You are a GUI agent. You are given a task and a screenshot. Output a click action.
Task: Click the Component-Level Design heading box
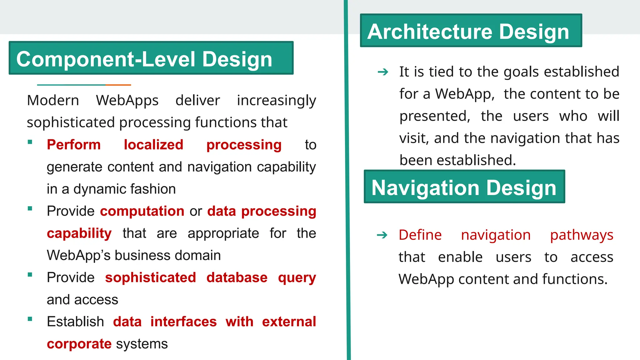pyautogui.click(x=151, y=58)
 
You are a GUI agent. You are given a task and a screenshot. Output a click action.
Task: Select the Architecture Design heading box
pyautogui.click(x=471, y=31)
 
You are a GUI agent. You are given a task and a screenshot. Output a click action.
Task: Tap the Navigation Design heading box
pyautogui.click(x=464, y=187)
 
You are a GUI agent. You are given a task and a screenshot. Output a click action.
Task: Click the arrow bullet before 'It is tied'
pyautogui.click(x=383, y=72)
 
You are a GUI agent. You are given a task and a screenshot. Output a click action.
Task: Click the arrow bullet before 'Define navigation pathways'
pyautogui.click(x=382, y=235)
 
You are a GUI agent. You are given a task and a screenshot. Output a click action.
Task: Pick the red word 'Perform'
pyautogui.click(x=74, y=145)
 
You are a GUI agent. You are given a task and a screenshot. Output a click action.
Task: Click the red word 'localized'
pyautogui.click(x=153, y=145)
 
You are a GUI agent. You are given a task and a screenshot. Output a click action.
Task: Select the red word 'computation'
pyautogui.click(x=142, y=211)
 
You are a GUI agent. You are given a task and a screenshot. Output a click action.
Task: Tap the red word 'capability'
pyautogui.click(x=79, y=233)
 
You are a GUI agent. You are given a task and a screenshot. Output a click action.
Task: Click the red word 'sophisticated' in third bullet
pyautogui.click(x=150, y=277)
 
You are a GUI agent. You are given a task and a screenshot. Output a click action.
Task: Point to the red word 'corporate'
pyautogui.click(x=79, y=344)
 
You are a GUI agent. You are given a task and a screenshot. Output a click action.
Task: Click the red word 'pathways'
pyautogui.click(x=582, y=235)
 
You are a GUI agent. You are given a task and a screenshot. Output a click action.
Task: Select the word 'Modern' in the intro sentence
pyautogui.click(x=53, y=101)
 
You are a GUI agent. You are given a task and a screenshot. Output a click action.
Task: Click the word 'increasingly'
pyautogui.click(x=276, y=101)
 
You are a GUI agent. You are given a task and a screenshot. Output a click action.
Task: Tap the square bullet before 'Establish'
pyautogui.click(x=30, y=319)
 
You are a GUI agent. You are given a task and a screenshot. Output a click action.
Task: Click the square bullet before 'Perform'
pyautogui.click(x=30, y=142)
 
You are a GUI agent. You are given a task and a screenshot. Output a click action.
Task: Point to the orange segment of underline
pyautogui.click(x=118, y=85)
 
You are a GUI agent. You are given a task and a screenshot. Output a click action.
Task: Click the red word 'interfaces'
pyautogui.click(x=183, y=322)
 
